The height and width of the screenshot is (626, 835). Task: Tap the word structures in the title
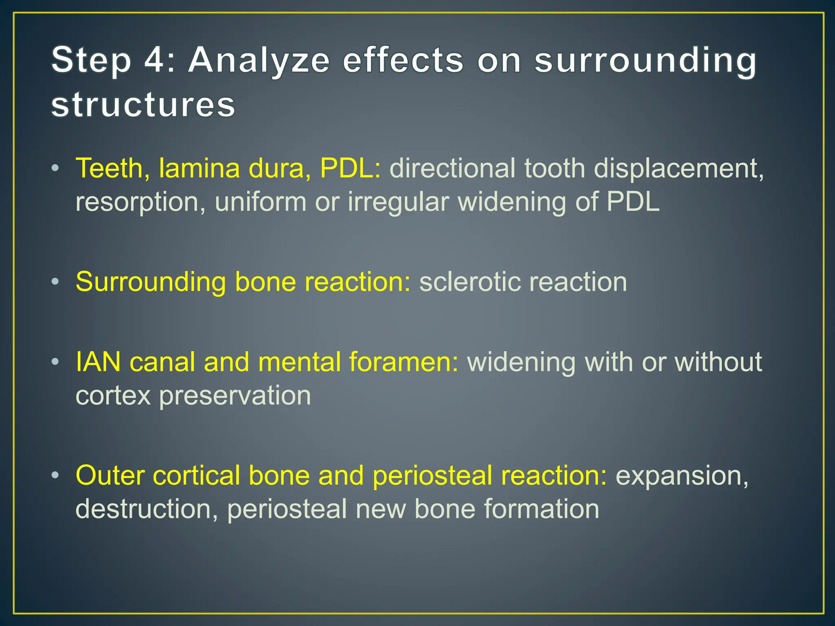point(143,105)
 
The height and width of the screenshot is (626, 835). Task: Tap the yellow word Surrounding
point(151,282)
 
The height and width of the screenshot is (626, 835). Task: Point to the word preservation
point(235,396)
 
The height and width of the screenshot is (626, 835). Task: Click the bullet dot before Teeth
point(56,168)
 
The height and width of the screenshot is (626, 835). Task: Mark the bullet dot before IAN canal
point(56,362)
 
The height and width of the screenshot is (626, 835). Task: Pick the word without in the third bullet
point(718,362)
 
